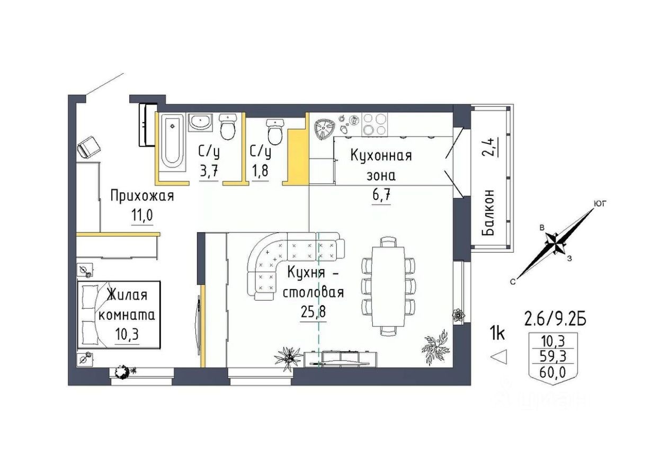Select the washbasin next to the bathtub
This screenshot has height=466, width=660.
click(200, 122)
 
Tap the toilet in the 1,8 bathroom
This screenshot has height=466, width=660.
click(275, 131)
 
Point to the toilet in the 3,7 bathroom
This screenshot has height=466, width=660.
click(228, 127)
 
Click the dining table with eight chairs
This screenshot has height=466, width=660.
click(388, 286)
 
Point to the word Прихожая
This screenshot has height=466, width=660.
click(142, 196)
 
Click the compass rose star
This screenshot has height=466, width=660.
click(555, 244)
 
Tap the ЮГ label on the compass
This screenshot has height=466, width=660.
click(600, 203)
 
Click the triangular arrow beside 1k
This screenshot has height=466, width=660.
click(499, 357)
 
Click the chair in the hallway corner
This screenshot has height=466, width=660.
click(88, 146)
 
